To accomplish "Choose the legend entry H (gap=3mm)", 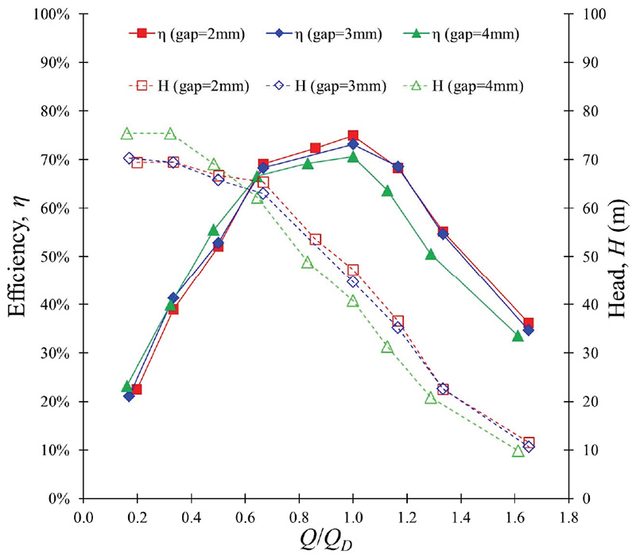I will [x=323, y=84].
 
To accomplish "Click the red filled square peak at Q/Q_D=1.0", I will [x=353, y=136].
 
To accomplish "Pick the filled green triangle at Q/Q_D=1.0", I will [x=353, y=157].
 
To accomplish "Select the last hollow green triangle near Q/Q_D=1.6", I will [x=518, y=451].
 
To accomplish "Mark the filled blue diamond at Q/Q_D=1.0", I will [x=353, y=145].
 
